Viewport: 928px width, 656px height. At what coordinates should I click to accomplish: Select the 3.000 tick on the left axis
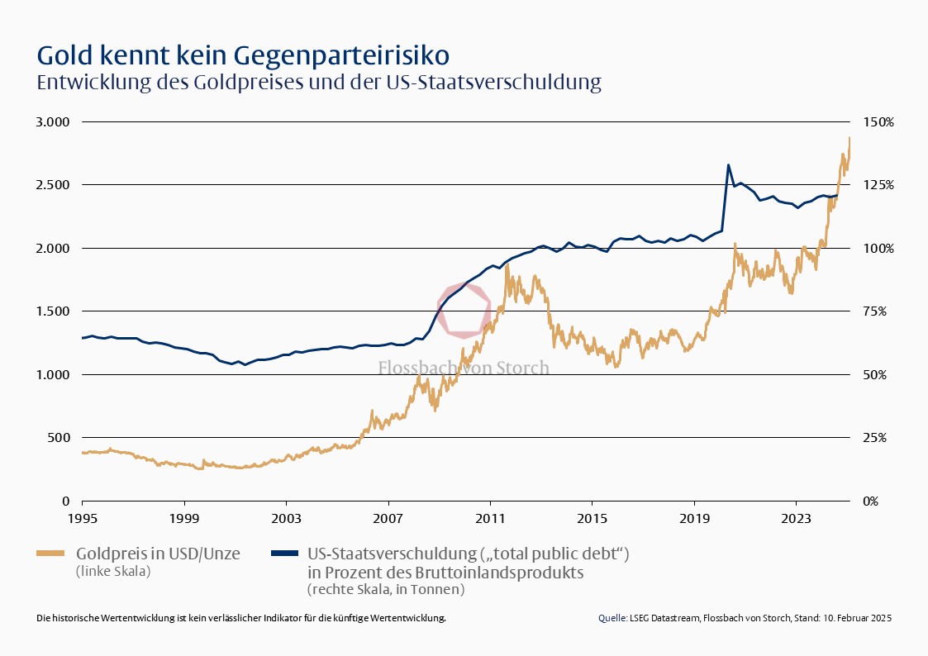point(54,122)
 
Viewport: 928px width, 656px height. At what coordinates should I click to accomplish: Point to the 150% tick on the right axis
point(878,122)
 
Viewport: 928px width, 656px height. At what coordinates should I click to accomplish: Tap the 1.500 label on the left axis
point(54,311)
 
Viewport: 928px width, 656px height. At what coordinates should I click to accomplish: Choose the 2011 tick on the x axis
point(490,519)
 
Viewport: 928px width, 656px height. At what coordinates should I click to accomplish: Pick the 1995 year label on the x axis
point(82,519)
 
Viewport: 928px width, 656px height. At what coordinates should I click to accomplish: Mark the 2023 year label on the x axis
point(796,519)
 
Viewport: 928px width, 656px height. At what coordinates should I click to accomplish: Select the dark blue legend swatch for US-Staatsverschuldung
point(281,554)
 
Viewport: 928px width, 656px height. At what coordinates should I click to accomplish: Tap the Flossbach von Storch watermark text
point(464,368)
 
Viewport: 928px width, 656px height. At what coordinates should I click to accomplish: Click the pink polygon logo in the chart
point(464,311)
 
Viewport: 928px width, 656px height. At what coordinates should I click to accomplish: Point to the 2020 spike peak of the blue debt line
point(728,165)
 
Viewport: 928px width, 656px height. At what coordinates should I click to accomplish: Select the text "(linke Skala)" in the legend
point(113,571)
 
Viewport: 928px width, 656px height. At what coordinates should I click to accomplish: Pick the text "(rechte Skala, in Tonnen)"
point(386,589)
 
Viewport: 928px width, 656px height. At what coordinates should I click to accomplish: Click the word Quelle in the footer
point(612,618)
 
